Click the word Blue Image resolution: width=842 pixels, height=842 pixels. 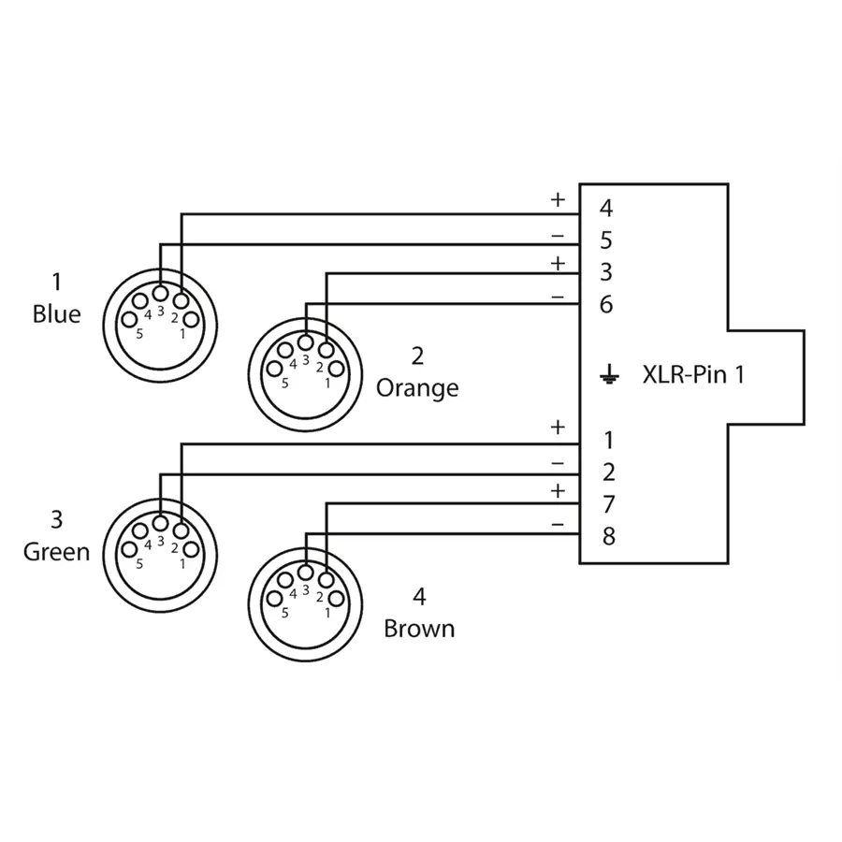(x=56, y=314)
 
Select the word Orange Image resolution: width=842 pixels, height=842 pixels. (x=417, y=388)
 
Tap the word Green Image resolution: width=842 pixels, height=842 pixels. (x=56, y=552)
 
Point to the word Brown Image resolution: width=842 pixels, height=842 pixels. (x=419, y=628)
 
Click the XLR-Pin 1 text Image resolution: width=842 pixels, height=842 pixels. (x=693, y=376)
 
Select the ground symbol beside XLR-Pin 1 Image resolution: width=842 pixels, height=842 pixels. (x=609, y=377)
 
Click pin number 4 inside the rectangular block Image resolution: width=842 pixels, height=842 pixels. (x=606, y=209)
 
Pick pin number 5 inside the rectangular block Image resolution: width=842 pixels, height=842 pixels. (x=606, y=241)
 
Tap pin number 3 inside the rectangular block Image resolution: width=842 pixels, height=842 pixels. (x=606, y=273)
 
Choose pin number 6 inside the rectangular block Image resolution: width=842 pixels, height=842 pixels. (x=606, y=305)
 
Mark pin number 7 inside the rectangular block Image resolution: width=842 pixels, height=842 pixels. (x=608, y=505)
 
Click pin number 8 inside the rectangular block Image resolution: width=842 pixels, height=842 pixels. (x=608, y=537)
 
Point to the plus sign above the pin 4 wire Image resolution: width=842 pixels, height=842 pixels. (x=558, y=199)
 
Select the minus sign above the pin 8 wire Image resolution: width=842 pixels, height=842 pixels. (x=558, y=525)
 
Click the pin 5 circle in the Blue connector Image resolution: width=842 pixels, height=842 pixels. (x=129, y=320)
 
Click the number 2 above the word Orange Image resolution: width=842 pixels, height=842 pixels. (x=417, y=356)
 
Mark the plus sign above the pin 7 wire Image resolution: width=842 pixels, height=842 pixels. (x=558, y=491)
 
